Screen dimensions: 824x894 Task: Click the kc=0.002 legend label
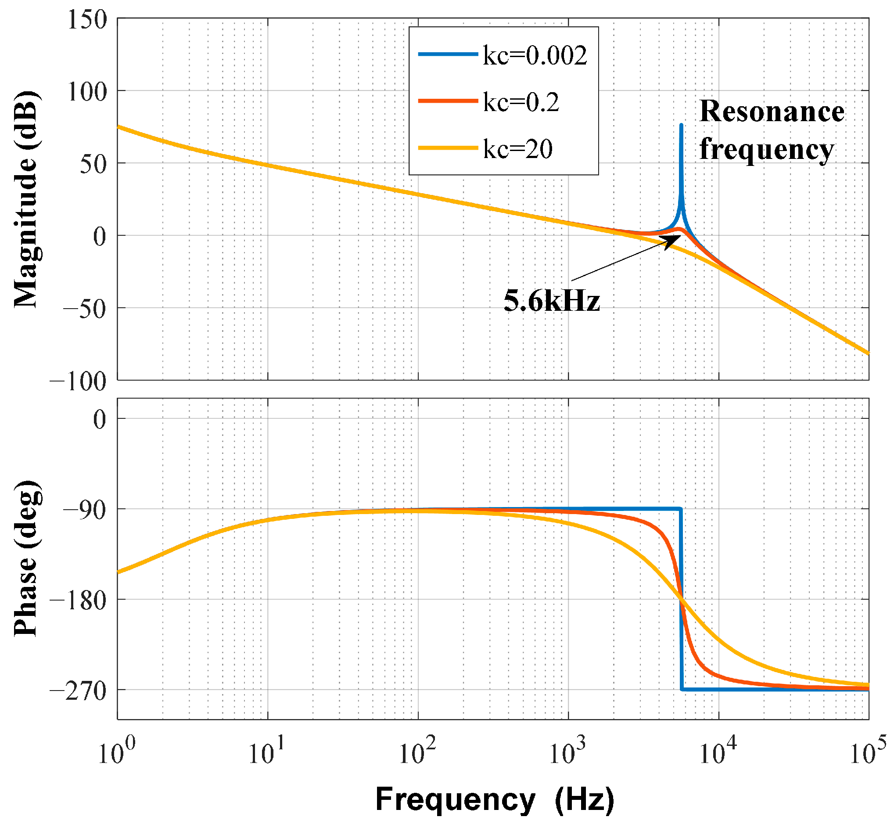coord(535,56)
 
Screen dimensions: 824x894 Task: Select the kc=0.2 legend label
coord(521,103)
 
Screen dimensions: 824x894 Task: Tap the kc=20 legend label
coord(517,149)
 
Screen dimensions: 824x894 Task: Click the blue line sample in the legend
coord(448,54)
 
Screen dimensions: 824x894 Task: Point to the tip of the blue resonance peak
coord(681,126)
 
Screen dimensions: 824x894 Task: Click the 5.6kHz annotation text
coord(552,301)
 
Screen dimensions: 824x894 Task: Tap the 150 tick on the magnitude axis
coord(87,20)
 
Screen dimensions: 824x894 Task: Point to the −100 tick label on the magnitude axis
coord(78,381)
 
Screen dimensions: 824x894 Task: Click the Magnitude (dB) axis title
coord(26,199)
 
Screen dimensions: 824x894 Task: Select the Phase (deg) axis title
coord(26,558)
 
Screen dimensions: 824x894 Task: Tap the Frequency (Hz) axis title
coord(494,799)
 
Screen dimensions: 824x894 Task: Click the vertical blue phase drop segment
coord(681,624)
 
